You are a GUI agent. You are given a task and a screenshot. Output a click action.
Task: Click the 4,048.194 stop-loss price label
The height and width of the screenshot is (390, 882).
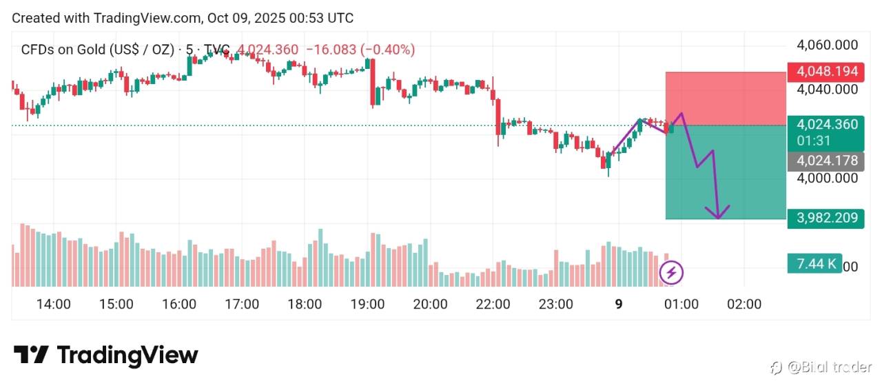pos(827,71)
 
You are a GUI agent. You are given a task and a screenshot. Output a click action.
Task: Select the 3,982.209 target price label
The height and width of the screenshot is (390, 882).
pos(827,218)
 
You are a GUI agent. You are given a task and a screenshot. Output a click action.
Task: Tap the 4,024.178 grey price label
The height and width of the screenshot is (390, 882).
pos(827,161)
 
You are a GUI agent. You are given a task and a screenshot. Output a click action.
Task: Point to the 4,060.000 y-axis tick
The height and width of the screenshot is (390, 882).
pos(827,45)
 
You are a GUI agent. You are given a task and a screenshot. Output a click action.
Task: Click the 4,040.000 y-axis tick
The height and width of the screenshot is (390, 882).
pos(827,90)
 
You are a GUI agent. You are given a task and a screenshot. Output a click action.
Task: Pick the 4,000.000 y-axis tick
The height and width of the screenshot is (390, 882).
pos(827,178)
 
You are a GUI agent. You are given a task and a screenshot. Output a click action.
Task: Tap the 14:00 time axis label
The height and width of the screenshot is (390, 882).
pos(53,304)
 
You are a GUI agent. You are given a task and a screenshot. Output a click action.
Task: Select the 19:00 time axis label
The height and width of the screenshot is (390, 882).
pos(367,304)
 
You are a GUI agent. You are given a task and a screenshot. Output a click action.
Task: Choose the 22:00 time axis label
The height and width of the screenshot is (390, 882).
pos(493,304)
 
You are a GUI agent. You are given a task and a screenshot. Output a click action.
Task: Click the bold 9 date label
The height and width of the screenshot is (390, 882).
pos(618,304)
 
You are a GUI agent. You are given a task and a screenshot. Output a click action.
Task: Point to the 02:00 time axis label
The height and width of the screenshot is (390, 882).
pos(744,304)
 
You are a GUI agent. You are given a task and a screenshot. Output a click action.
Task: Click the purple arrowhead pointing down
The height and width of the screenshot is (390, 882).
pos(719,214)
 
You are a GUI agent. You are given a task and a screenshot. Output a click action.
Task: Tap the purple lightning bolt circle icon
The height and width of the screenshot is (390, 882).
pos(671,273)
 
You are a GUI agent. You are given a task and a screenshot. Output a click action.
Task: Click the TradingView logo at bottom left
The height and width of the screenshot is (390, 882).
pos(105,355)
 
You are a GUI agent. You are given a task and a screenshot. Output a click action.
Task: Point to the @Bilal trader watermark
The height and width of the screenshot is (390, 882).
pos(821,367)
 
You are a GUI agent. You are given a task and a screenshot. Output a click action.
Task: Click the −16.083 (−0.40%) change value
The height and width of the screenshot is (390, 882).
pos(360,50)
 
